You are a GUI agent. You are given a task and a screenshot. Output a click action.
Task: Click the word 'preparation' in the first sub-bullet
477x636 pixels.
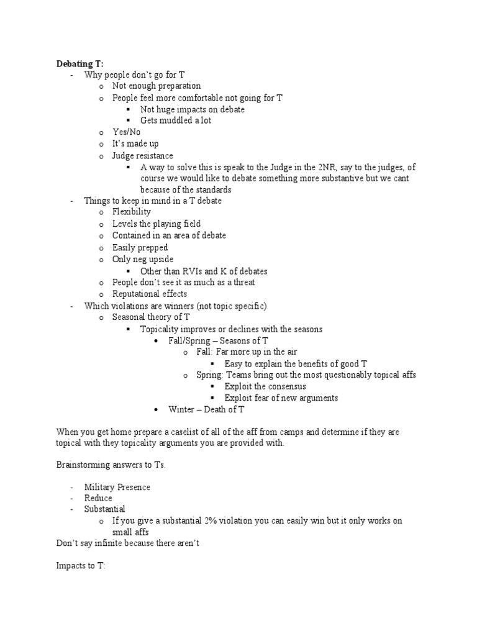coord(178,86)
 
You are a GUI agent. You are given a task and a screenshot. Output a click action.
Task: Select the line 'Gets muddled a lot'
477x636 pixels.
coord(176,120)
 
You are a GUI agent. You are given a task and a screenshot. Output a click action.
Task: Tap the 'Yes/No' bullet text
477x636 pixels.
coord(126,132)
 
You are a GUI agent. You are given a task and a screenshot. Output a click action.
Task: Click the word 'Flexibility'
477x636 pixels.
coord(132,212)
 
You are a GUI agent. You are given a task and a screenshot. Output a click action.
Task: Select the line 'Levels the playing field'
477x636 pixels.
coord(157,224)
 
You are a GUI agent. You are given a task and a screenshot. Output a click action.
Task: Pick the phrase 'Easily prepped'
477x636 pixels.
coord(140,247)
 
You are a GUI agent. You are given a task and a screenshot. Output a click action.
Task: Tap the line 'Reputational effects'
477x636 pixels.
coord(150,294)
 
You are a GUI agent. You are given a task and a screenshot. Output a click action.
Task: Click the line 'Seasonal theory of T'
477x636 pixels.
coord(151,317)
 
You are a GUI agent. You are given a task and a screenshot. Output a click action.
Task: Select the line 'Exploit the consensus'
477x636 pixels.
coord(265,386)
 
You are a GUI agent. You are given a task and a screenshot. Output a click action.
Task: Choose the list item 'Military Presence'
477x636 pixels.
coord(117,487)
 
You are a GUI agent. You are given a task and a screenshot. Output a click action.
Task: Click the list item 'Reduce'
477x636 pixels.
coord(99,498)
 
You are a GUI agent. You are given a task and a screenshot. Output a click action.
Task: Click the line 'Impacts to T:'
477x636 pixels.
coord(81,566)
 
